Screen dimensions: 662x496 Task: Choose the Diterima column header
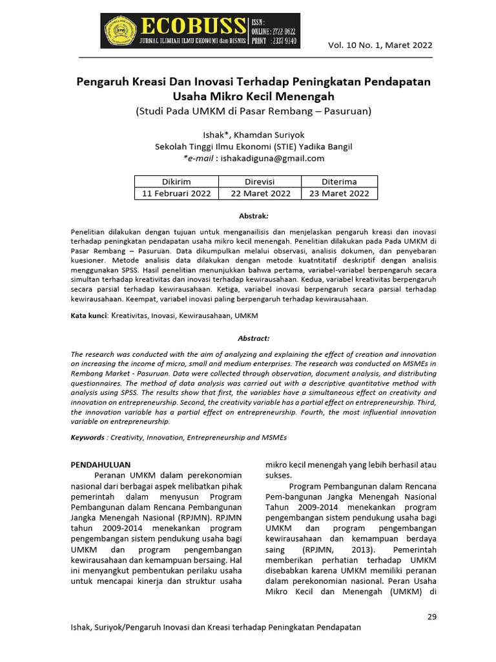(x=339, y=182)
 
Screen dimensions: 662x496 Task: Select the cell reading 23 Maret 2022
(x=339, y=193)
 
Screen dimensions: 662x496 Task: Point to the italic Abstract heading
(x=254, y=338)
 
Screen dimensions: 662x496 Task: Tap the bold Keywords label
(x=87, y=437)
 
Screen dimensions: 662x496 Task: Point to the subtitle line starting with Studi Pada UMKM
(x=253, y=111)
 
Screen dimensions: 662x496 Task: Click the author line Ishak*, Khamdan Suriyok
(x=253, y=135)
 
